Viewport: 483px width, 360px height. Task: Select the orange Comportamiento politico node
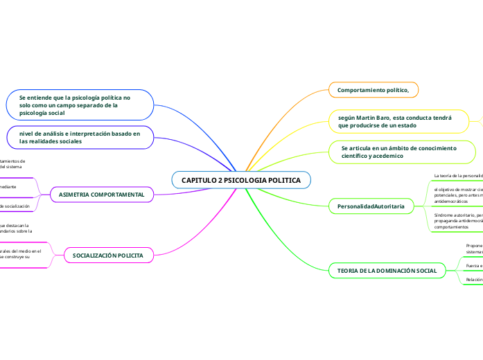click(373, 90)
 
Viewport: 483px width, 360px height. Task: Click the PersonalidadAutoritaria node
click(370, 206)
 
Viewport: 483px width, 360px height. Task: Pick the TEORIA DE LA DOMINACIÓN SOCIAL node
click(382, 269)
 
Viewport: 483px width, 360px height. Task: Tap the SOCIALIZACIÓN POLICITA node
click(107, 255)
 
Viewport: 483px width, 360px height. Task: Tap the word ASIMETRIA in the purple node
click(76, 195)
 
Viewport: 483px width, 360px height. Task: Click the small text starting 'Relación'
click(474, 279)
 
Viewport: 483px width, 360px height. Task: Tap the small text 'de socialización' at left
click(15, 206)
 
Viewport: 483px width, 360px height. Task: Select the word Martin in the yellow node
click(374, 118)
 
